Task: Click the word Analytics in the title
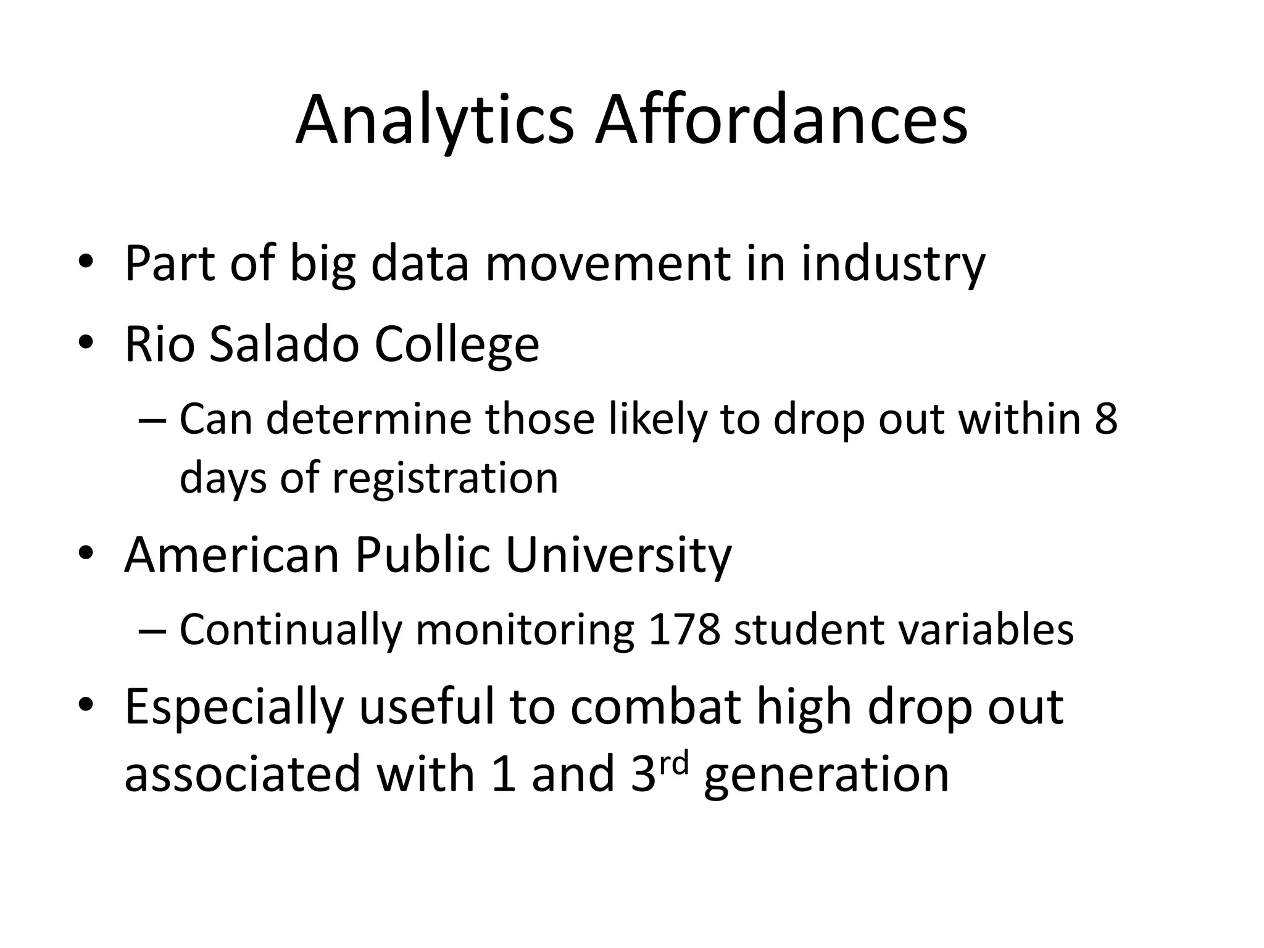click(434, 121)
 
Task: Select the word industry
click(893, 264)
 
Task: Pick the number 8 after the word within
click(1105, 418)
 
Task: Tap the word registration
click(445, 478)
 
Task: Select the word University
click(618, 555)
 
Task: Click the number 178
click(684, 630)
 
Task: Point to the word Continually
click(290, 630)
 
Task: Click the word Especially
click(234, 708)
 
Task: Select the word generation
click(826, 775)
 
